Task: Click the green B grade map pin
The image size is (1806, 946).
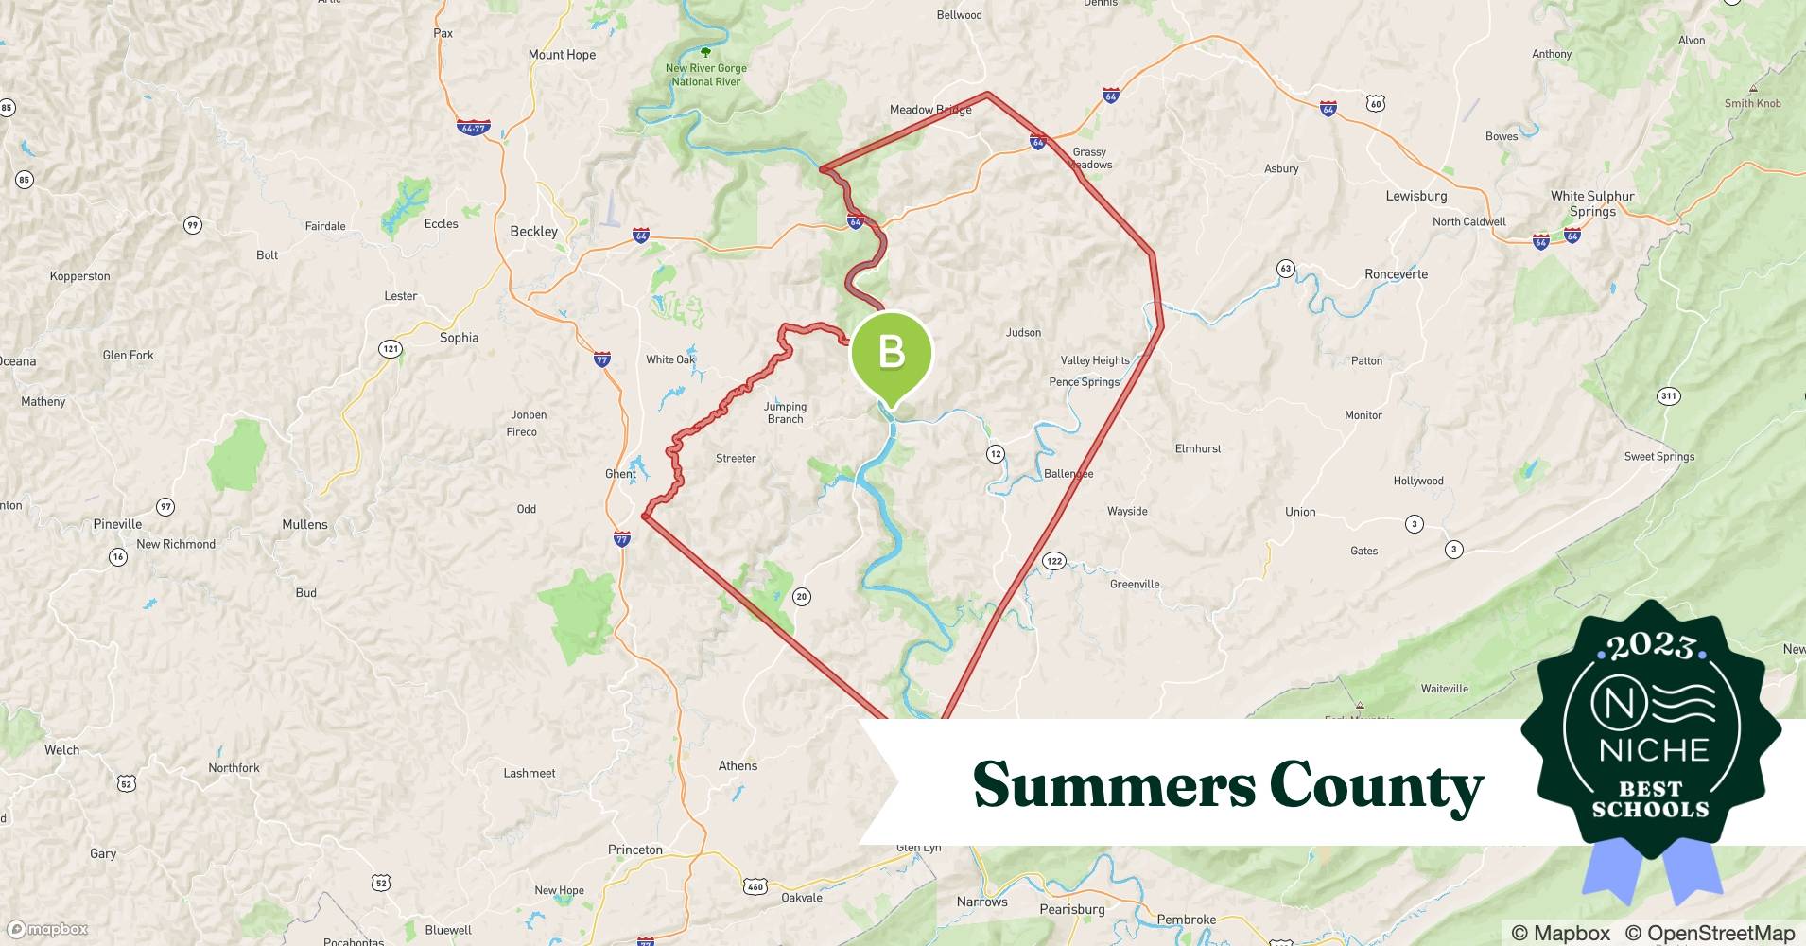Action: [892, 354]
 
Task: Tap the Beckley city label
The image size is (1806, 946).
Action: [533, 232]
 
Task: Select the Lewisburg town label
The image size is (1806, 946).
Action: [1415, 196]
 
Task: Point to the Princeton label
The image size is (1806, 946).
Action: [634, 850]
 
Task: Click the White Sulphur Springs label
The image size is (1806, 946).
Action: [1592, 203]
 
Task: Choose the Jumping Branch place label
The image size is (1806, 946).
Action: [785, 412]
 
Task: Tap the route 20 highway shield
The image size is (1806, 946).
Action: [802, 596]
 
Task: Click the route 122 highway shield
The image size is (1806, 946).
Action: [1053, 561]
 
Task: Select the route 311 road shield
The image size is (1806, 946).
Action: [1668, 395]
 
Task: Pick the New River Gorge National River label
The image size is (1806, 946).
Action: [705, 75]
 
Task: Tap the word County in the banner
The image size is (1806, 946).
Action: [1376, 784]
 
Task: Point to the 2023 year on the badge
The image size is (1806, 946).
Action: [1651, 646]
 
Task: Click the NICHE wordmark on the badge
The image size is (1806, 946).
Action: [1654, 750]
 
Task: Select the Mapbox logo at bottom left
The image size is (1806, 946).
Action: [47, 929]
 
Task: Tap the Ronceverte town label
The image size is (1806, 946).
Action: [1396, 274]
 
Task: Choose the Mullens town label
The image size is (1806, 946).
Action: [304, 524]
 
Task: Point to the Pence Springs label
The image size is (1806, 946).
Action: [1084, 382]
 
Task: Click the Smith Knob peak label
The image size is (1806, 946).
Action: [1752, 103]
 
